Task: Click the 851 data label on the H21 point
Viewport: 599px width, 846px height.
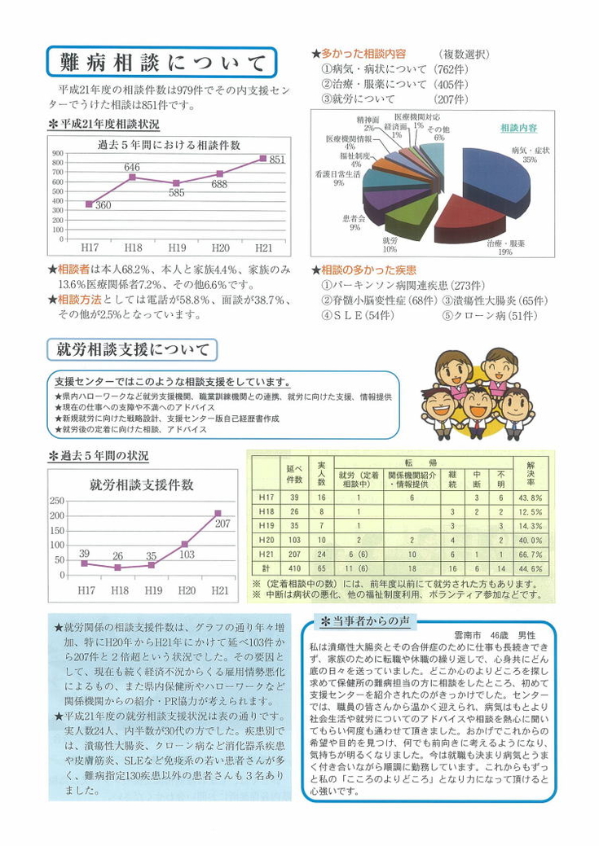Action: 277,160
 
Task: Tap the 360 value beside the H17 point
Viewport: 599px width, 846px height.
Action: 103,206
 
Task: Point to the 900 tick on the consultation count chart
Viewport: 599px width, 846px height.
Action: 58,153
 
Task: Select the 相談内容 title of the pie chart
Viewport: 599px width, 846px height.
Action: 518,128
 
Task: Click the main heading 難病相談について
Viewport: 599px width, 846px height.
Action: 163,63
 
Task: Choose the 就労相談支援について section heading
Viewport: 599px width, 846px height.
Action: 132,350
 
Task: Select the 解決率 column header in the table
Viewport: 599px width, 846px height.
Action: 531,471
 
